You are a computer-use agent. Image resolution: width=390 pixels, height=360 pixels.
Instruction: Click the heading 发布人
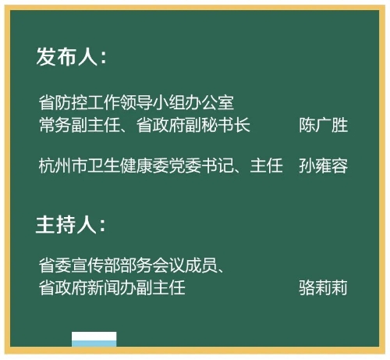(x=67, y=56)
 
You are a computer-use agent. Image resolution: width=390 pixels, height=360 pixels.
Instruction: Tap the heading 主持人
(x=66, y=224)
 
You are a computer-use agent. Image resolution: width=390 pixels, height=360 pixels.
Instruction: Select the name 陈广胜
(x=323, y=125)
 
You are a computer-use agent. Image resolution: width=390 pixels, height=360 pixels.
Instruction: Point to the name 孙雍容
(x=323, y=166)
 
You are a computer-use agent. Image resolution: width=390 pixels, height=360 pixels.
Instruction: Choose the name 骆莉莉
(x=323, y=287)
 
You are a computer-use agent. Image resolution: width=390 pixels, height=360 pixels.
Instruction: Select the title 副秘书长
(x=218, y=125)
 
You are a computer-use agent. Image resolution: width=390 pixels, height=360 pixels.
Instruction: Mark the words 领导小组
(x=153, y=102)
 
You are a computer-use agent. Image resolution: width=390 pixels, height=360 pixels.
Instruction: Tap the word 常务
(x=55, y=125)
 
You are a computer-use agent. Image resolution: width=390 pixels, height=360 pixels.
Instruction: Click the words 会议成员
(x=185, y=266)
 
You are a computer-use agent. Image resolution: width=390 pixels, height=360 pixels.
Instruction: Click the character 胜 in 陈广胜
(x=339, y=125)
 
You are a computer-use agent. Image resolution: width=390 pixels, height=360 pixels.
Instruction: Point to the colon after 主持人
(x=103, y=226)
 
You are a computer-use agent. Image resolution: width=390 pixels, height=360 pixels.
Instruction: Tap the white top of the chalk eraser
(x=94, y=336)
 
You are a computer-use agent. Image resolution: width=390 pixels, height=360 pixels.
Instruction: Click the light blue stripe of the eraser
(x=94, y=344)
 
